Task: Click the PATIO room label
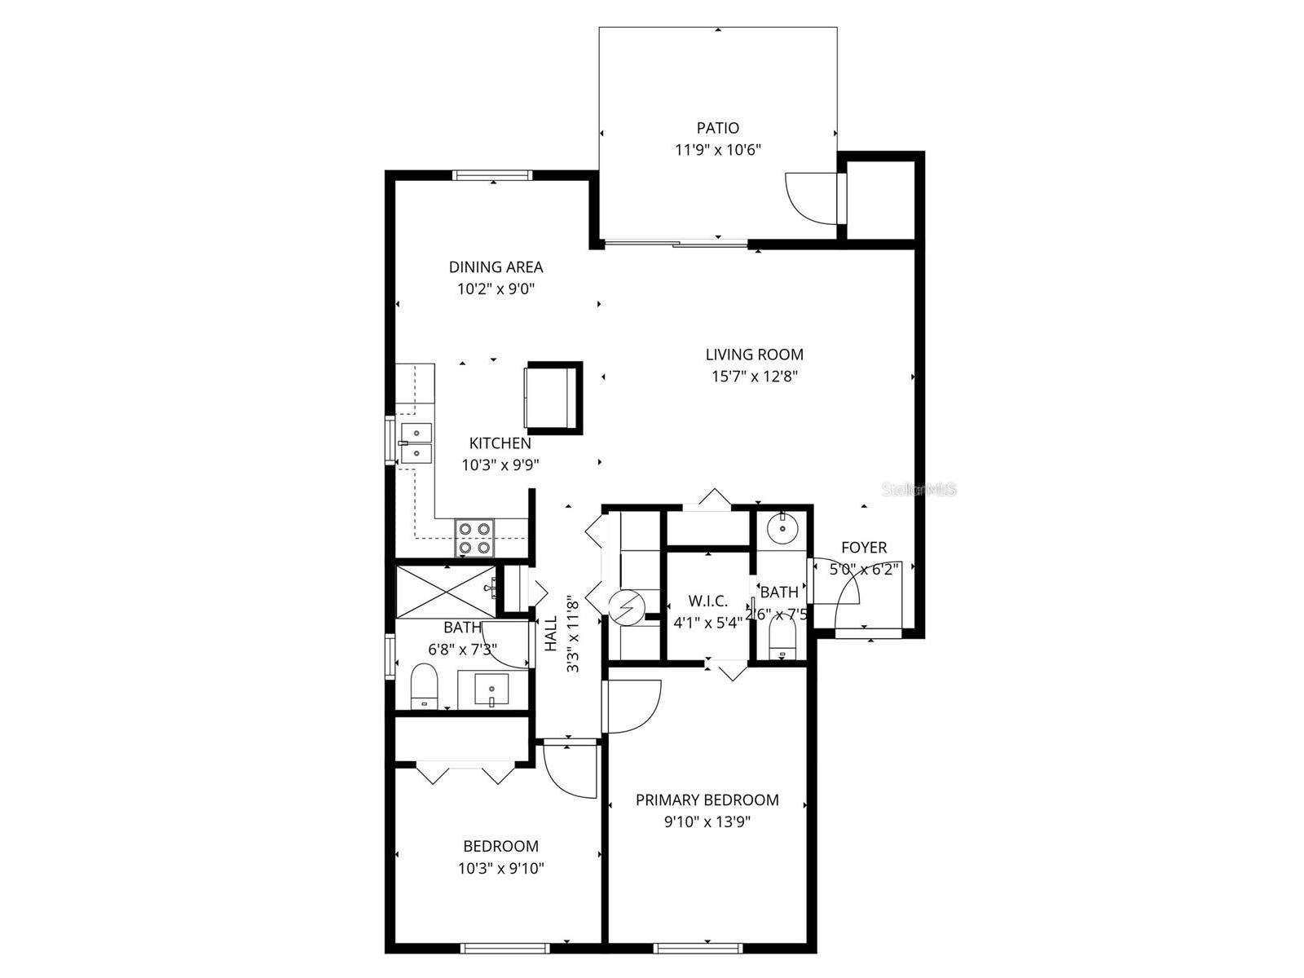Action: [718, 128]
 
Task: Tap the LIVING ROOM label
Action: [754, 355]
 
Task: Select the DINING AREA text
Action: [496, 267]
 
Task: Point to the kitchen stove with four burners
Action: [474, 538]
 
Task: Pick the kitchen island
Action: [553, 398]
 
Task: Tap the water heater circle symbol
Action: [626, 607]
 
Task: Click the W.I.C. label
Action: [707, 601]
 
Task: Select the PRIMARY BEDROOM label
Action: [707, 800]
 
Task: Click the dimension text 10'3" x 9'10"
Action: [500, 869]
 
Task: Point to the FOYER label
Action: [864, 548]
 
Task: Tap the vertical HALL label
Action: [551, 633]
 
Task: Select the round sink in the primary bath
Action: [782, 526]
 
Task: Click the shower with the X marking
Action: [446, 592]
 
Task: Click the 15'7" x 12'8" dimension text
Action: [754, 377]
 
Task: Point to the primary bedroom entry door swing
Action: [632, 706]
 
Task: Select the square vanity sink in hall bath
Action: [491, 689]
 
